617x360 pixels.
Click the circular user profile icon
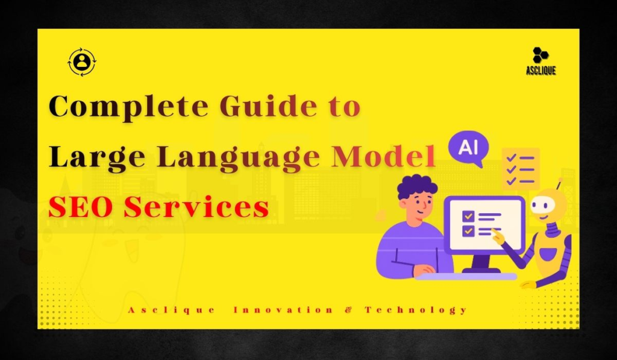(81, 62)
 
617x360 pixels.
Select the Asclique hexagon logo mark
(540, 55)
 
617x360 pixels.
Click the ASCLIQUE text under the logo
(540, 71)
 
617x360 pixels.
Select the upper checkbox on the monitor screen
(468, 215)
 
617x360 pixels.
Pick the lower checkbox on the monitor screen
(468, 230)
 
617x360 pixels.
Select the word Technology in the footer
(415, 310)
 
